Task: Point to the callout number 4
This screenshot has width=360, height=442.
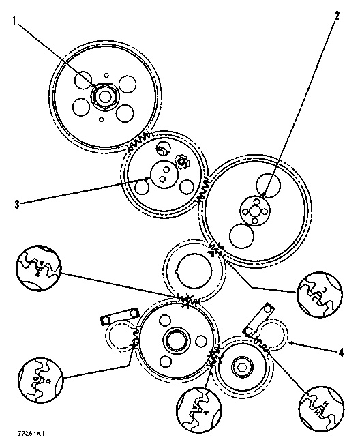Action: click(x=340, y=353)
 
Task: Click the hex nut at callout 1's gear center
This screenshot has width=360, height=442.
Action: click(x=104, y=96)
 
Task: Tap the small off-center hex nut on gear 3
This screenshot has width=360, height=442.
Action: click(x=181, y=162)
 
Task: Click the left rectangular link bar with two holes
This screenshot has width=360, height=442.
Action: click(x=115, y=317)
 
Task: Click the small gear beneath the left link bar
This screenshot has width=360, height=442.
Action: click(x=121, y=339)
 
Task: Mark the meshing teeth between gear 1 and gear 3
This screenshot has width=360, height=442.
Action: click(x=140, y=142)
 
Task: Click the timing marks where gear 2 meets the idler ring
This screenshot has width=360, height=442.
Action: click(x=217, y=251)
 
